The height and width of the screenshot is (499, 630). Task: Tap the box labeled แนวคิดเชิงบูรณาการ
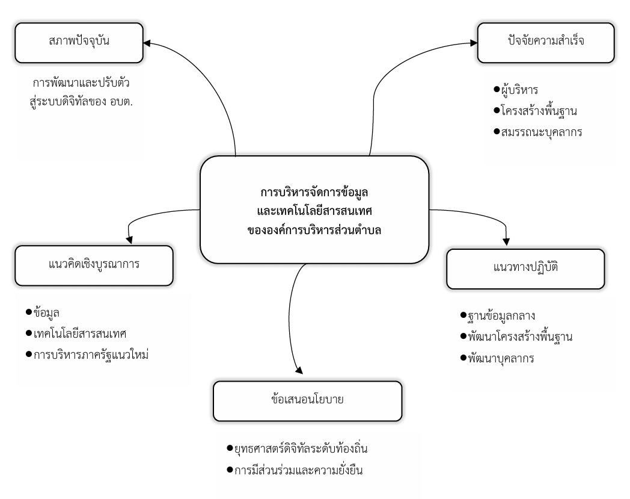95,265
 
